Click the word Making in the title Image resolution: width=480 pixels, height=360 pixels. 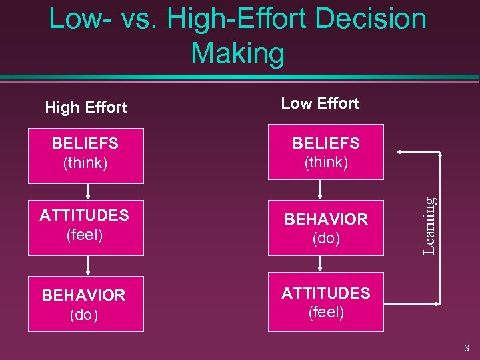237,53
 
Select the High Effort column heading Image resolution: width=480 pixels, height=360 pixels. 85,107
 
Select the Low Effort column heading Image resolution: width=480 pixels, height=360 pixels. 320,103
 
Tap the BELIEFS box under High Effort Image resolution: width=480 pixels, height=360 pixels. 85,155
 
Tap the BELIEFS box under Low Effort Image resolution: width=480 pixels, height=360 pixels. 326,152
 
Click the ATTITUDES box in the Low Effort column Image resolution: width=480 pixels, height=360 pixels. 326,301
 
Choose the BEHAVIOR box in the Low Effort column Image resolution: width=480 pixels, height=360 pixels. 326,228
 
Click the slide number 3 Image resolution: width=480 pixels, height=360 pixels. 467,348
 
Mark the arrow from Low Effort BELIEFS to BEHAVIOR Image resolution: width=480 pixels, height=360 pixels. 321,190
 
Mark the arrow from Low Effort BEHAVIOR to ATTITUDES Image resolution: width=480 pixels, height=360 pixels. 321,263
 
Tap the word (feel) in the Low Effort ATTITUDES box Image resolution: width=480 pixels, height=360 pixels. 326,311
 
